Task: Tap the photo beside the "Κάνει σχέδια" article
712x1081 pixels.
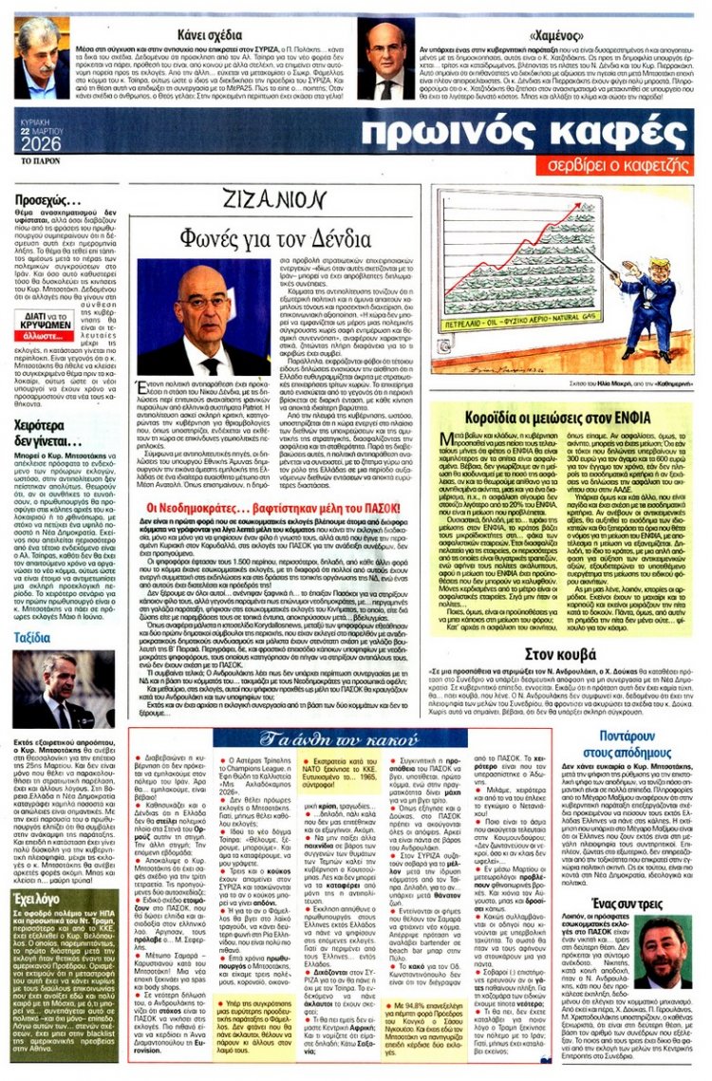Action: (45, 55)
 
